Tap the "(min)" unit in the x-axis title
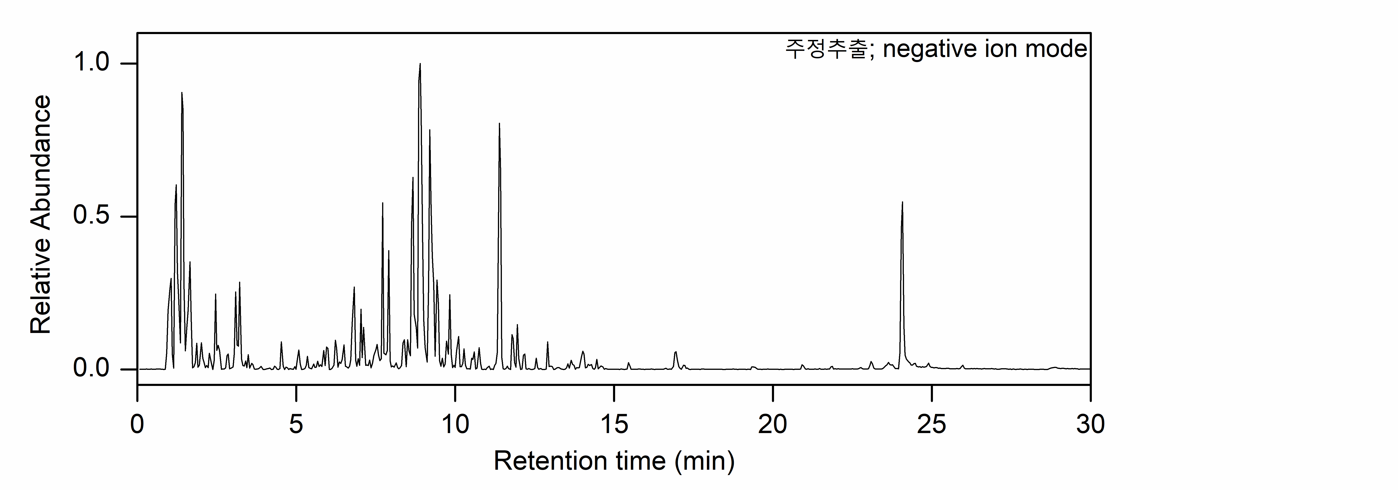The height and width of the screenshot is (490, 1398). coord(704,461)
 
